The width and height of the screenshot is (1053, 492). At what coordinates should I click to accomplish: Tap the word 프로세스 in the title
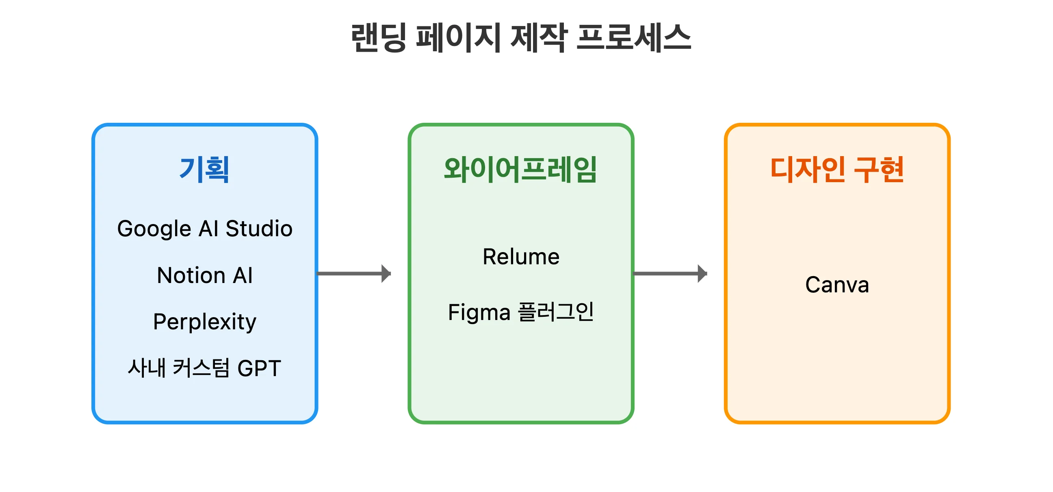click(x=633, y=38)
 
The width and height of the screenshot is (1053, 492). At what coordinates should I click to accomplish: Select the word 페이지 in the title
click(x=458, y=38)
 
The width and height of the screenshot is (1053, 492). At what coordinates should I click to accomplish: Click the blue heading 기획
click(x=204, y=169)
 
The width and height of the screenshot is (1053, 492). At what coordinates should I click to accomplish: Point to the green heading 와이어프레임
click(x=520, y=169)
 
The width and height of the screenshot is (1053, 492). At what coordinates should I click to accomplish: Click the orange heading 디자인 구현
click(x=837, y=169)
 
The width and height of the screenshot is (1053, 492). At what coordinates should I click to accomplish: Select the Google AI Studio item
click(x=205, y=229)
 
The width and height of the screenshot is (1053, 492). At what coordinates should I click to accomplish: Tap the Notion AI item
click(x=205, y=275)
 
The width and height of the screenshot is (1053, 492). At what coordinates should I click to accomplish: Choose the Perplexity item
click(x=205, y=322)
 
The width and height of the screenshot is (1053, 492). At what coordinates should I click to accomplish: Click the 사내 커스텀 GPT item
click(x=205, y=368)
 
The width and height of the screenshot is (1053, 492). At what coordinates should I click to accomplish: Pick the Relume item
click(x=521, y=257)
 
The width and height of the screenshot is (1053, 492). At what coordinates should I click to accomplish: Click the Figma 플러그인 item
click(x=521, y=312)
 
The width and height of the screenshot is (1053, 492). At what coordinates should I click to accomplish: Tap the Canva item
click(x=837, y=285)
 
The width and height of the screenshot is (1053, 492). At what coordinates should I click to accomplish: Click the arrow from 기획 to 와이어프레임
click(x=354, y=274)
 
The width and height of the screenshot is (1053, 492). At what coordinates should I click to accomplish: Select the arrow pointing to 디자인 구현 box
click(x=670, y=274)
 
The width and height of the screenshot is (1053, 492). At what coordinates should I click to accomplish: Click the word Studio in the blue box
click(x=259, y=229)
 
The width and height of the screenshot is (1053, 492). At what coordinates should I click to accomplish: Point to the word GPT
click(x=259, y=368)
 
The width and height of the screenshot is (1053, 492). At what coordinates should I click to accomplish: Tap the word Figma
click(x=479, y=312)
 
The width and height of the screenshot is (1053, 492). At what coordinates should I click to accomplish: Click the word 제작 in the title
click(x=539, y=38)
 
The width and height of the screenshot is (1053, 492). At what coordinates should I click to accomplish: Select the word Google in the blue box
click(x=154, y=229)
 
